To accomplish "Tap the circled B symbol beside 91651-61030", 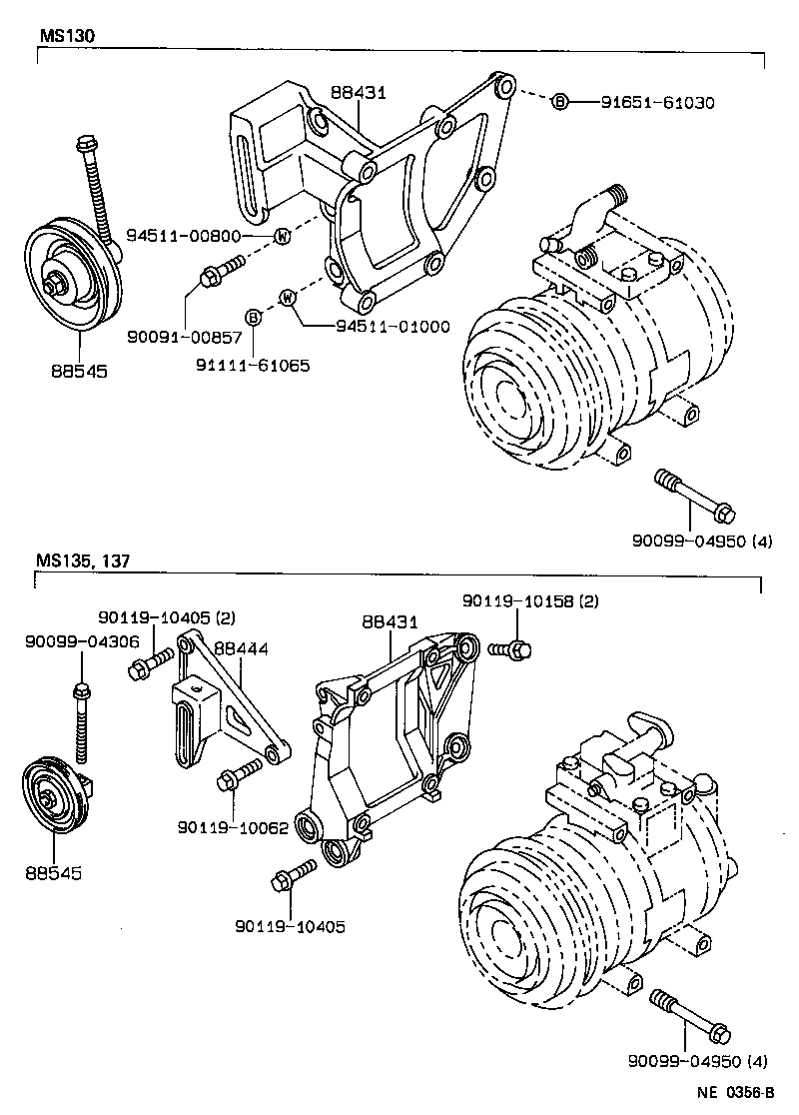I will click(x=560, y=102).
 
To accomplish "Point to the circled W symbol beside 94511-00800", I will click(x=283, y=237).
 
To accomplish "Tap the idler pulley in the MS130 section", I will click(x=72, y=267).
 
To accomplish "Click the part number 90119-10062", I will click(x=234, y=828).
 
